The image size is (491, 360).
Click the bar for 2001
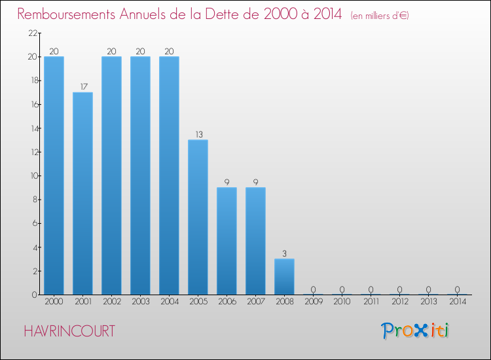tap(82, 193)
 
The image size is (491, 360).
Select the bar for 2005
tap(198, 217)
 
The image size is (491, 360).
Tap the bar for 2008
tap(284, 276)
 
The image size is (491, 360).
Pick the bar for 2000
tap(54, 175)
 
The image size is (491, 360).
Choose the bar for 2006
tap(227, 241)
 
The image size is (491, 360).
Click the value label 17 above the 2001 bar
tap(82, 86)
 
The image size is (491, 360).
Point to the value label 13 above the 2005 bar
tap(198, 134)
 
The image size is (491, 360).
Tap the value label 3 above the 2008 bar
tap(284, 253)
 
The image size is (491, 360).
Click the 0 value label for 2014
tap(457, 289)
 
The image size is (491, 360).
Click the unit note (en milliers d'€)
tap(380, 15)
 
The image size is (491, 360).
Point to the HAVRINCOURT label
tap(69, 331)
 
